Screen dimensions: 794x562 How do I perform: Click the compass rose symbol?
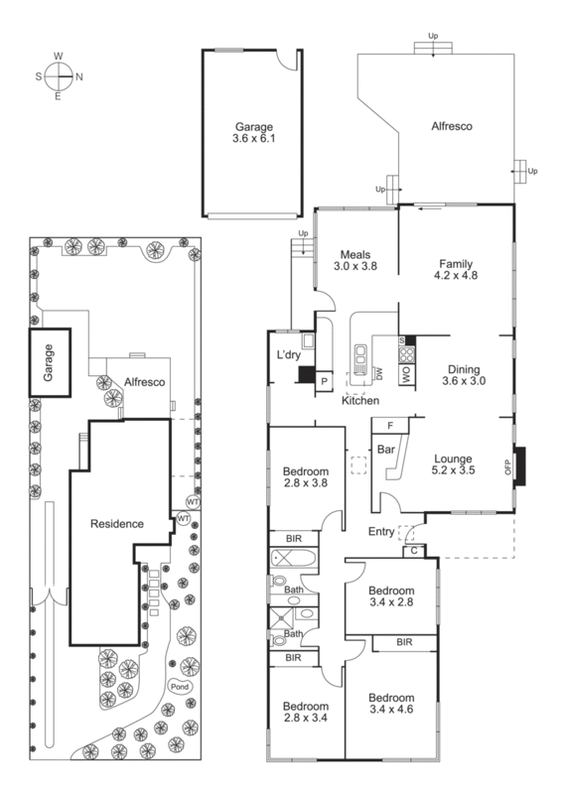coord(59,75)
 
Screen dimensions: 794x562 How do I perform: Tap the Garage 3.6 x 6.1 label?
coord(252,133)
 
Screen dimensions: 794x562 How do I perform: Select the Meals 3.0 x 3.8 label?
coord(356,260)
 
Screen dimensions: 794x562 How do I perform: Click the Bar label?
coord(386,449)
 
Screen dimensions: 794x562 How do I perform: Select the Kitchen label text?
coord(359,400)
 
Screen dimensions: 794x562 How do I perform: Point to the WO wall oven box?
coord(405,374)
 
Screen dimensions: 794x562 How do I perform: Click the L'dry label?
coord(289,354)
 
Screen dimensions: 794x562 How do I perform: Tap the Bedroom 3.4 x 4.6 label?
coord(389,704)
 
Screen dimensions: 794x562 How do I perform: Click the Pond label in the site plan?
coord(180,687)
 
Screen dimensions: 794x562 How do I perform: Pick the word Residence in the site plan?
coord(117,523)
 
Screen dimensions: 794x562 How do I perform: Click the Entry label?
coord(381,531)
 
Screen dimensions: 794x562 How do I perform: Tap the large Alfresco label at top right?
coord(450,127)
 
